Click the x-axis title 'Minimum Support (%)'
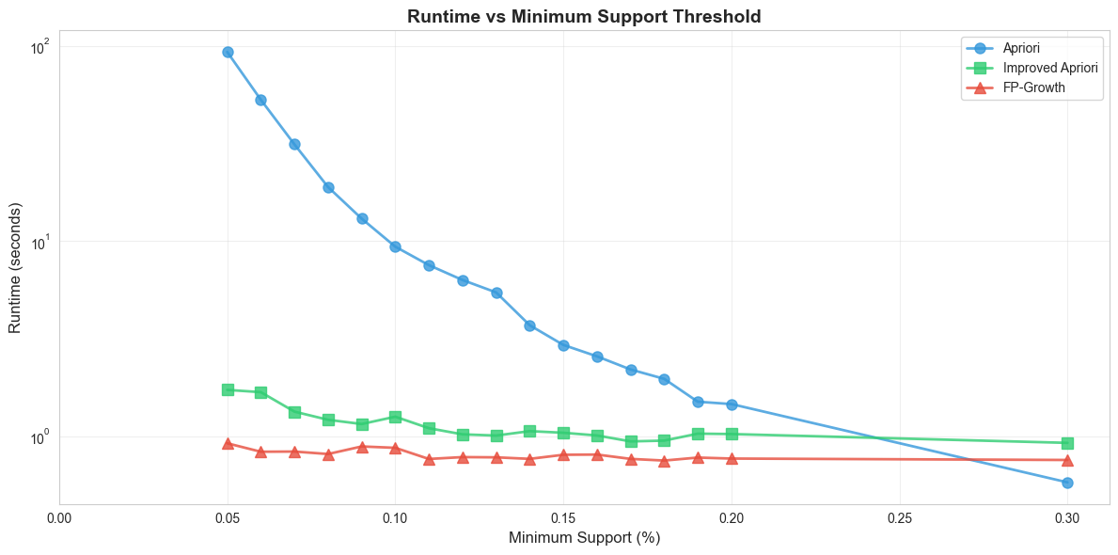[584, 538]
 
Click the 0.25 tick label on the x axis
[900, 516]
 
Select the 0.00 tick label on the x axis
[59, 516]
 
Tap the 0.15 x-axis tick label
[563, 516]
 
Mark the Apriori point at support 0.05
[228, 52]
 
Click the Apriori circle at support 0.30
[1067, 483]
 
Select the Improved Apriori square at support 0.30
[1067, 443]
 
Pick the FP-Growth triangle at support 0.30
[1067, 460]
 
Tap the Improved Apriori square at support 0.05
[228, 389]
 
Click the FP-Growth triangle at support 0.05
[228, 443]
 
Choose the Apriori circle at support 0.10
[395, 246]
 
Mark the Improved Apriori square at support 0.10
[395, 417]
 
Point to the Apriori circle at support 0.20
[732, 404]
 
